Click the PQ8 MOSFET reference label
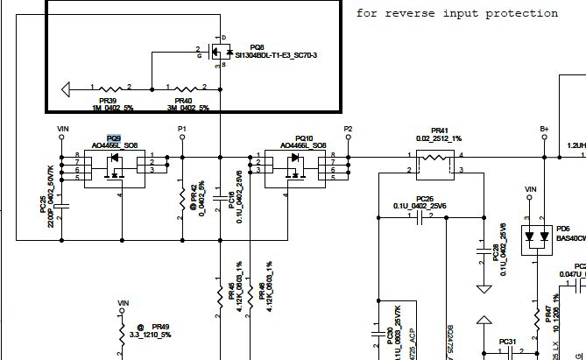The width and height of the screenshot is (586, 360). coord(257,46)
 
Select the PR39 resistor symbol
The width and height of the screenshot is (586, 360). coord(111,88)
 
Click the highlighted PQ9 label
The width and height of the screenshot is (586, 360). coord(114,138)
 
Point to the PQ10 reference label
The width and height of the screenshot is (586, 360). coord(305,138)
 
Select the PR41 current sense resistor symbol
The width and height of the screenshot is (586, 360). coord(435,161)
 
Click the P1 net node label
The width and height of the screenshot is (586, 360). coord(182,129)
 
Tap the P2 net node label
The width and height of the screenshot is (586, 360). coord(348,129)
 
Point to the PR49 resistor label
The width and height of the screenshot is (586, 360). coord(159,325)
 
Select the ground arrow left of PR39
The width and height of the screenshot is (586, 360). coord(67,88)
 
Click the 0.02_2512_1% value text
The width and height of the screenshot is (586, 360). coord(439,138)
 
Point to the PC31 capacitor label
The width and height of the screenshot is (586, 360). coord(508,341)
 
